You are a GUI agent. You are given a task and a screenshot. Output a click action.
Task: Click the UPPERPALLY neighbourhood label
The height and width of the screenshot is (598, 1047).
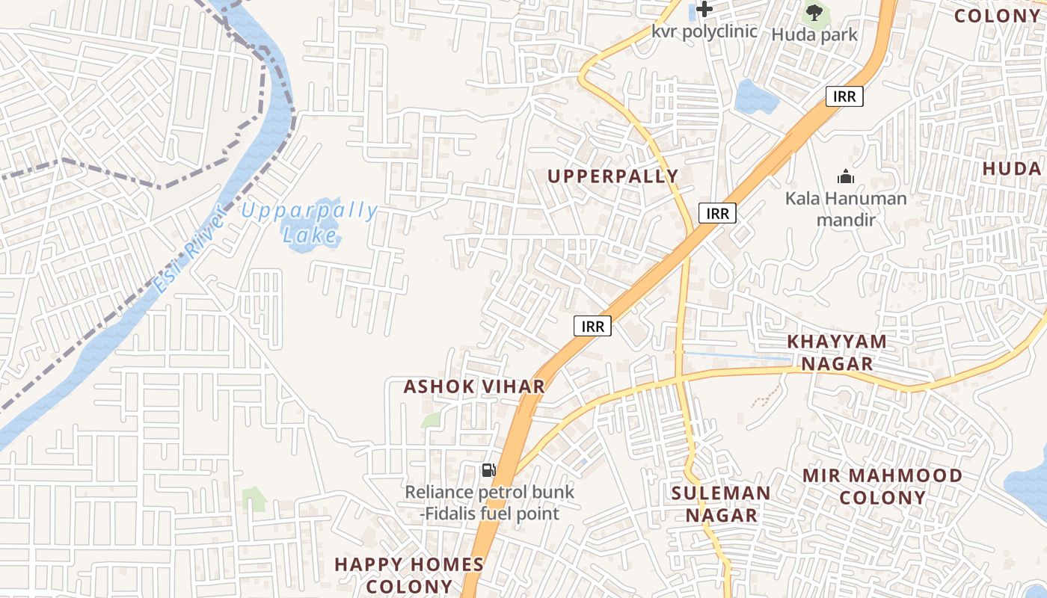613,176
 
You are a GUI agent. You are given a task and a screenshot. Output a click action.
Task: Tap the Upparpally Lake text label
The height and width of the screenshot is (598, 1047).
310,223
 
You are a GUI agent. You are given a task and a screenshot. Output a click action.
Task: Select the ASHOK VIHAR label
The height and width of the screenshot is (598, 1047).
474,386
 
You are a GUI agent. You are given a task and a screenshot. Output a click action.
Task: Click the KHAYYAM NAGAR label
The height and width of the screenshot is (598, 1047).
837,353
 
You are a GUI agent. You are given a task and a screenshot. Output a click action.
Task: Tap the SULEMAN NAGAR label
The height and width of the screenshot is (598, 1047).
721,504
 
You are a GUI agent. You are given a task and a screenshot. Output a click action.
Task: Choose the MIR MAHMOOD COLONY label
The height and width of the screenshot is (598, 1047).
882,487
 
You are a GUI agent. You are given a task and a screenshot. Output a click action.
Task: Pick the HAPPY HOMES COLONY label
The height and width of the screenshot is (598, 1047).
409,575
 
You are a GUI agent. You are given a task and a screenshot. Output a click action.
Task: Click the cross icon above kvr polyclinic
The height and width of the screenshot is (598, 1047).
704,10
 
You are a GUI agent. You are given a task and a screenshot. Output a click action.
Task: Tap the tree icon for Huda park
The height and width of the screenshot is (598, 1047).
814,12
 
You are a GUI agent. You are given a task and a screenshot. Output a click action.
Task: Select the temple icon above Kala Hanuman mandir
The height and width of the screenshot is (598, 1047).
846,176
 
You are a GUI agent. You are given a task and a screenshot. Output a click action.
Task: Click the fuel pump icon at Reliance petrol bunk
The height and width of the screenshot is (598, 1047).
488,470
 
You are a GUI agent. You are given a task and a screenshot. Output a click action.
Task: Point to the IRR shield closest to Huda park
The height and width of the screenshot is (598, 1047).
844,96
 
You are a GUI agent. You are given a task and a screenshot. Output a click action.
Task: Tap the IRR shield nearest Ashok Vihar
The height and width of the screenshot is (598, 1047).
593,326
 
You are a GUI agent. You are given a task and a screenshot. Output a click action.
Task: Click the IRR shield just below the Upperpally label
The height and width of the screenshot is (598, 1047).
718,213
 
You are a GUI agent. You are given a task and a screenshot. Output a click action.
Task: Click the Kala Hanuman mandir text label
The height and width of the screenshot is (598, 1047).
846,209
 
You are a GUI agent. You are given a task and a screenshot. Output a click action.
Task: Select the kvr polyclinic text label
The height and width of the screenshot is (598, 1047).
704,31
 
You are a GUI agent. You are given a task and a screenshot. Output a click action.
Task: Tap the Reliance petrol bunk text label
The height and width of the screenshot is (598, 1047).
490,503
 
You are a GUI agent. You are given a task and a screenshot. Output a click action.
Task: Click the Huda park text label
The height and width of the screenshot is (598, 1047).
814,34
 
